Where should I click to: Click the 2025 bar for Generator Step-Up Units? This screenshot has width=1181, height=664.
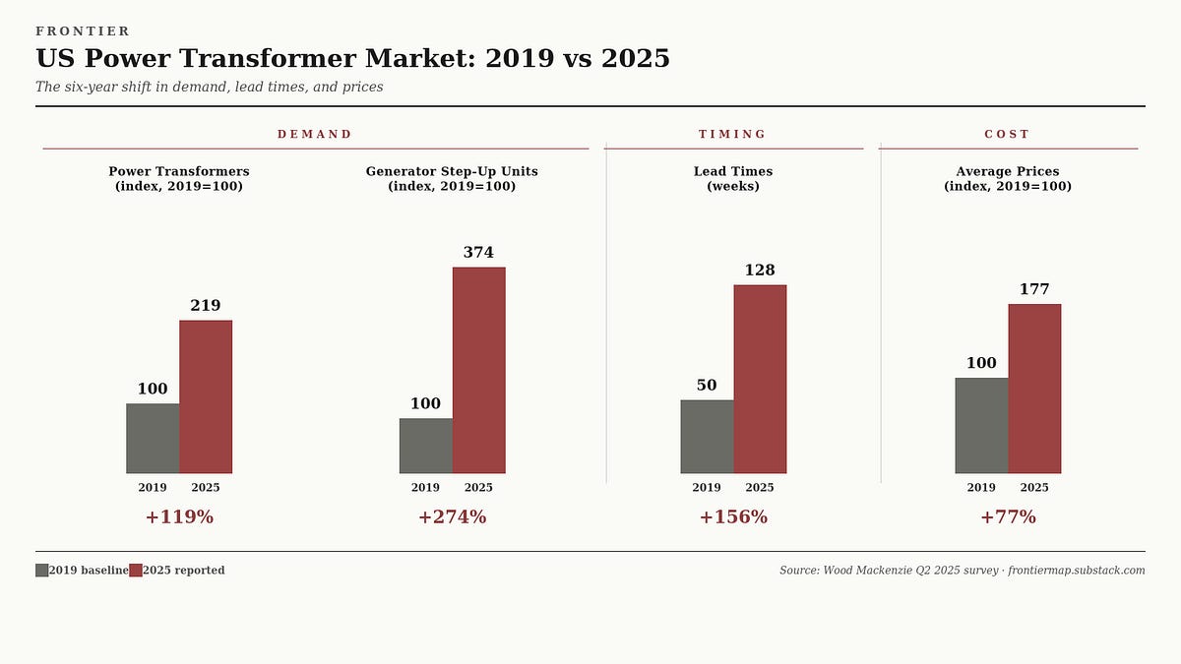pyautogui.click(x=478, y=370)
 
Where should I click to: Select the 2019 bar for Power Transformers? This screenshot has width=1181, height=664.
pyautogui.click(x=153, y=438)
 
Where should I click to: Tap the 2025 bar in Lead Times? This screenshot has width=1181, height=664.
pyautogui.click(x=760, y=379)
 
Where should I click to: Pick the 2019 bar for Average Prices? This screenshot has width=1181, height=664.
pyautogui.click(x=981, y=425)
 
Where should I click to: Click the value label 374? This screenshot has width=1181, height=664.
pyautogui.click(x=478, y=253)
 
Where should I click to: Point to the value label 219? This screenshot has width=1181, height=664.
pyautogui.click(x=205, y=306)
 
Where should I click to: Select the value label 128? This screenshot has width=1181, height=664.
pyautogui.click(x=760, y=271)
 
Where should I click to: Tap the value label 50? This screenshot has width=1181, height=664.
pyautogui.click(x=707, y=386)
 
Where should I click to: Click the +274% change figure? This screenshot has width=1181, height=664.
pyautogui.click(x=452, y=517)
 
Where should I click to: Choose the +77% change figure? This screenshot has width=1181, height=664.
pyautogui.click(x=1008, y=517)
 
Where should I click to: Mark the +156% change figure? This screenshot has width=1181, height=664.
pyautogui.click(x=733, y=517)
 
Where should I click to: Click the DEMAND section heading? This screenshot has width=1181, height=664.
pyautogui.click(x=315, y=135)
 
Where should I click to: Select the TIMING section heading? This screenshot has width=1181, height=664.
pyautogui.click(x=732, y=135)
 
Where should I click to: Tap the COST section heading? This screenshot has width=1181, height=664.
pyautogui.click(x=1007, y=135)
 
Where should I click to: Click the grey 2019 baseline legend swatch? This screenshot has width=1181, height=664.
pyautogui.click(x=41, y=571)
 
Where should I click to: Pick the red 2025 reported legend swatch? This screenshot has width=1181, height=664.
pyautogui.click(x=136, y=571)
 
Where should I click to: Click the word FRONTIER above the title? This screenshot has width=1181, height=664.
pyautogui.click(x=83, y=31)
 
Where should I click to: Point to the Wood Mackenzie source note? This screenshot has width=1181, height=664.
pyautogui.click(x=962, y=571)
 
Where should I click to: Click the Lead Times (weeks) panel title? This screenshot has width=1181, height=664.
pyautogui.click(x=733, y=179)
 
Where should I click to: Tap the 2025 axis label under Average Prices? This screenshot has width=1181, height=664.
pyautogui.click(x=1034, y=488)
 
